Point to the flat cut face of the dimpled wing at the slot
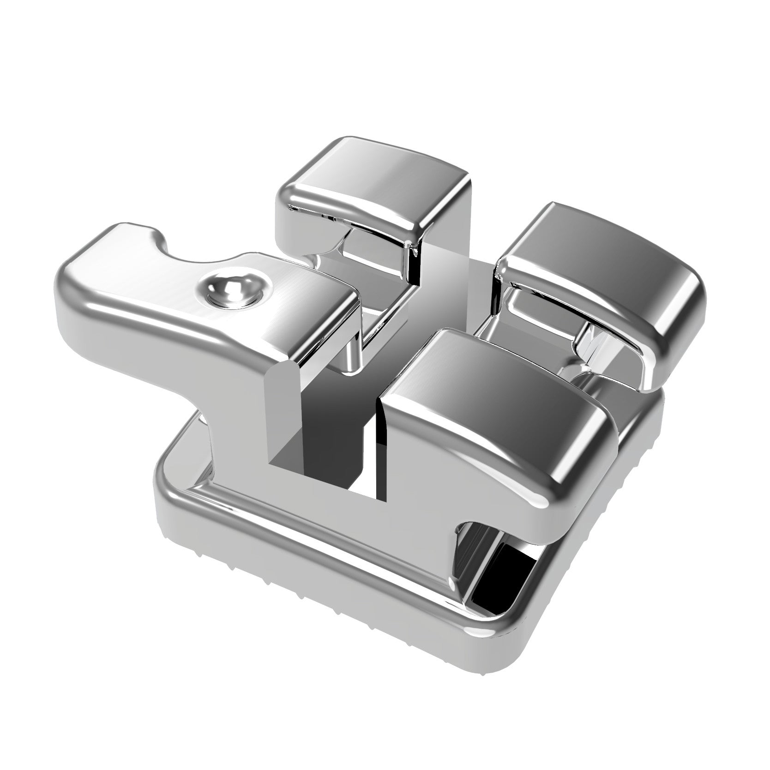pos(282,415)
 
